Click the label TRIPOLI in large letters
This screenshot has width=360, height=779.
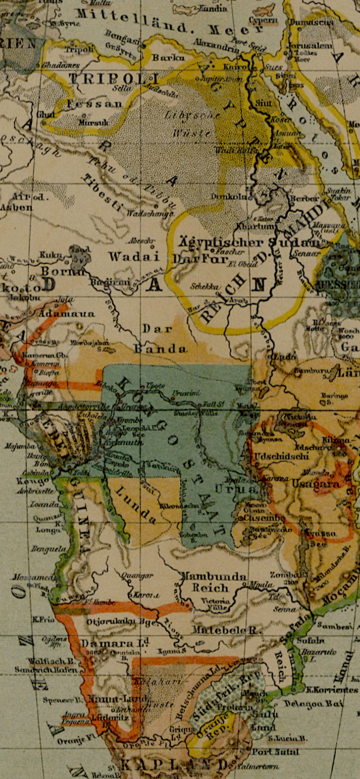(114, 80)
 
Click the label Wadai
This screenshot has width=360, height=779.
(134, 256)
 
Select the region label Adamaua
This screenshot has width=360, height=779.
(67, 313)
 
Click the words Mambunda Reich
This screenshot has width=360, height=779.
(213, 583)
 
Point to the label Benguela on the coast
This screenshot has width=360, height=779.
(48, 549)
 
